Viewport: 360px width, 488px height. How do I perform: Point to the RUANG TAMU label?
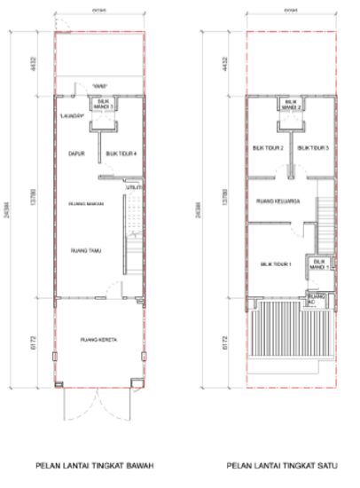coord(86,251)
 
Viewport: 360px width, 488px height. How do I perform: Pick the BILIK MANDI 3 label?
coord(105,104)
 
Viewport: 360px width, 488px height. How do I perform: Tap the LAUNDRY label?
coord(72,115)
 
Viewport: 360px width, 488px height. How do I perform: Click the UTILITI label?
coord(134,188)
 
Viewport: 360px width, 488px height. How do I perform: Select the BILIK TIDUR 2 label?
coord(268,147)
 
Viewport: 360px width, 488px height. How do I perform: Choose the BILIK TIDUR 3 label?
coord(313,147)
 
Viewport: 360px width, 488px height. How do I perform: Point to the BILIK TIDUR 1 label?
coord(276,264)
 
